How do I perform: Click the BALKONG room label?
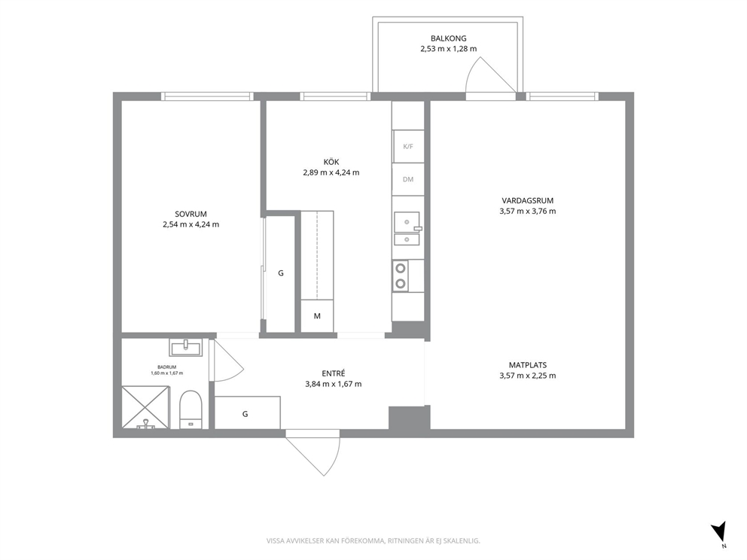point(448,38)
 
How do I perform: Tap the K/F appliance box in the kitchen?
point(408,146)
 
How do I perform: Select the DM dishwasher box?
point(408,180)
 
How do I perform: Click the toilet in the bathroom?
point(191,409)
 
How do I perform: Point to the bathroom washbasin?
point(186,347)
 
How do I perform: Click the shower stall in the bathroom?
point(145,408)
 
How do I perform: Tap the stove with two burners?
point(401,275)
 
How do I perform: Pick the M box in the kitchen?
point(317,315)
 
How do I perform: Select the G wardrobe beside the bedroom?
point(280,273)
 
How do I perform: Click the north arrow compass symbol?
point(719,532)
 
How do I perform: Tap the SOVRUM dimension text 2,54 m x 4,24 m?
point(191,225)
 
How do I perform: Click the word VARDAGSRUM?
point(527,201)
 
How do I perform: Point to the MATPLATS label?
point(527,365)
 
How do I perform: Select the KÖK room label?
point(331,162)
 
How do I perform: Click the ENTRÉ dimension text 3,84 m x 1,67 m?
point(334,385)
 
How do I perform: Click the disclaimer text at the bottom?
point(373,541)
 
